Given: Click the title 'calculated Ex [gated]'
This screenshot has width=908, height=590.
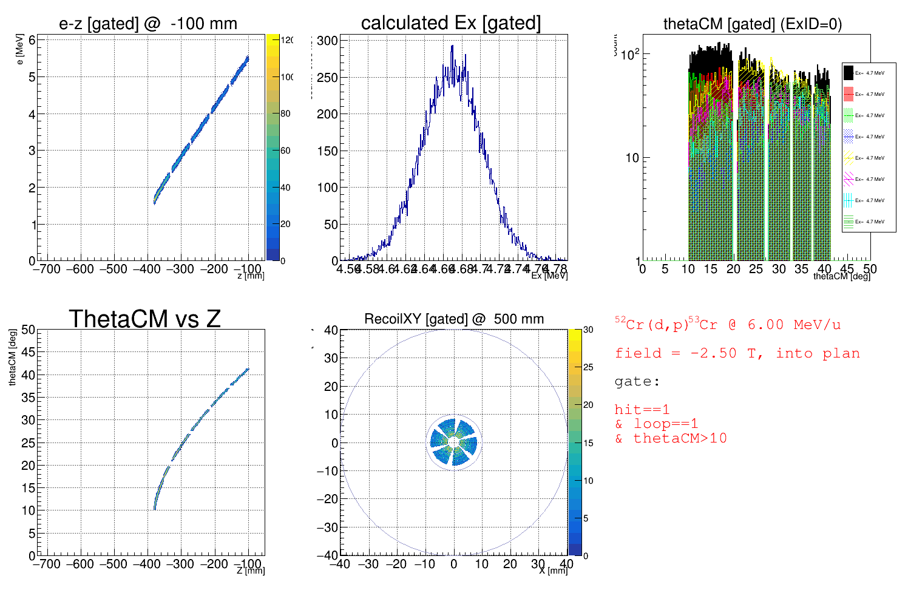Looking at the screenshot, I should [450, 23].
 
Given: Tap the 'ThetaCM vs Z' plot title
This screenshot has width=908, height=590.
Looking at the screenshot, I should [144, 319].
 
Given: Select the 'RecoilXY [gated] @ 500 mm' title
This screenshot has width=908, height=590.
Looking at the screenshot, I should [454, 319].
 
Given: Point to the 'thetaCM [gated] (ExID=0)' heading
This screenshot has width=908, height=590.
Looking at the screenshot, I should [753, 24].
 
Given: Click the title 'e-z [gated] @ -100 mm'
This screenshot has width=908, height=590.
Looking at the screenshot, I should [148, 24].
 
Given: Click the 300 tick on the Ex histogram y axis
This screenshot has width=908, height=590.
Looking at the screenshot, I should [328, 41].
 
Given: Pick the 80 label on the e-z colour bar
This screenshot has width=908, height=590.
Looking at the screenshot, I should [285, 114].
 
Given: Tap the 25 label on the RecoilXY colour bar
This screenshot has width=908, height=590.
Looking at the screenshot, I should [588, 367].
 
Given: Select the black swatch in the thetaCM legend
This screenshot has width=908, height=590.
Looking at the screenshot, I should [849, 73].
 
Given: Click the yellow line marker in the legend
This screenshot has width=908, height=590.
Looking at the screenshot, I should [849, 158].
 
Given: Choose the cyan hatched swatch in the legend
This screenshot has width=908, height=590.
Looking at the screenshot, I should [849, 200].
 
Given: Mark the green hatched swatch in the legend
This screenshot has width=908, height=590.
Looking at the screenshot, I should [849, 115].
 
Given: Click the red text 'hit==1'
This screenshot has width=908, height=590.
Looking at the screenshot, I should [642, 410].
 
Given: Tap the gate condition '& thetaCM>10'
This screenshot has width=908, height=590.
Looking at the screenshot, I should [671, 438].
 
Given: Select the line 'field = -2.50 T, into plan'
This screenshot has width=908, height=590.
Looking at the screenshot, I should [737, 353].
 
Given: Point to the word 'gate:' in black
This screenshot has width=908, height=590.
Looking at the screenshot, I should [637, 382].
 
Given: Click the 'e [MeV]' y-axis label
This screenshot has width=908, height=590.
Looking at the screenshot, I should [20, 50].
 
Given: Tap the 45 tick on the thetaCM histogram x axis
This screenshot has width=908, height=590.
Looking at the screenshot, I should [847, 269].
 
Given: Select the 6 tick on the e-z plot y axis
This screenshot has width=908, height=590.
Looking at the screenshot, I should [32, 40].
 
